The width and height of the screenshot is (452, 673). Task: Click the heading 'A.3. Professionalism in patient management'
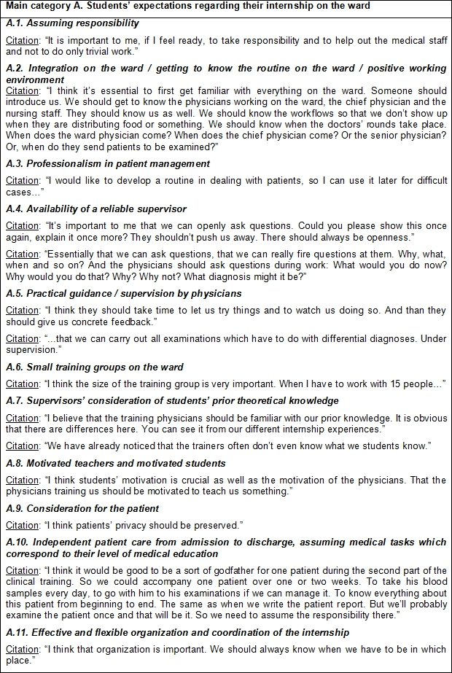tap(107, 163)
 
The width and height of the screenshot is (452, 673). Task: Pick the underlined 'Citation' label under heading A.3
tap(23, 180)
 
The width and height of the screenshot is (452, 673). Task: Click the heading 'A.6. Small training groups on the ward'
tap(94, 367)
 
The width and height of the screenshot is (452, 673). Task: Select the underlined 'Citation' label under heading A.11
tap(23, 650)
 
